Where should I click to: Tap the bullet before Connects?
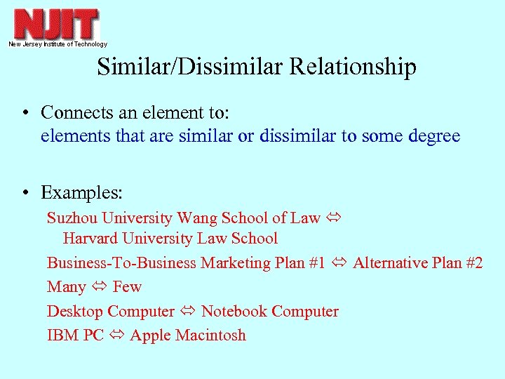tap(25, 112)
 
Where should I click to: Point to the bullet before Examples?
tap(25, 193)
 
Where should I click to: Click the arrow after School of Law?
tap(332, 218)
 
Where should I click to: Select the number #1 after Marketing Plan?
tap(316, 263)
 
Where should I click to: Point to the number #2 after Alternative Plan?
tap(473, 263)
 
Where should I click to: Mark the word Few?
tap(127, 287)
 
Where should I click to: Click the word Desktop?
tap(75, 312)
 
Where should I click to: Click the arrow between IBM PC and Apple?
tap(116, 335)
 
